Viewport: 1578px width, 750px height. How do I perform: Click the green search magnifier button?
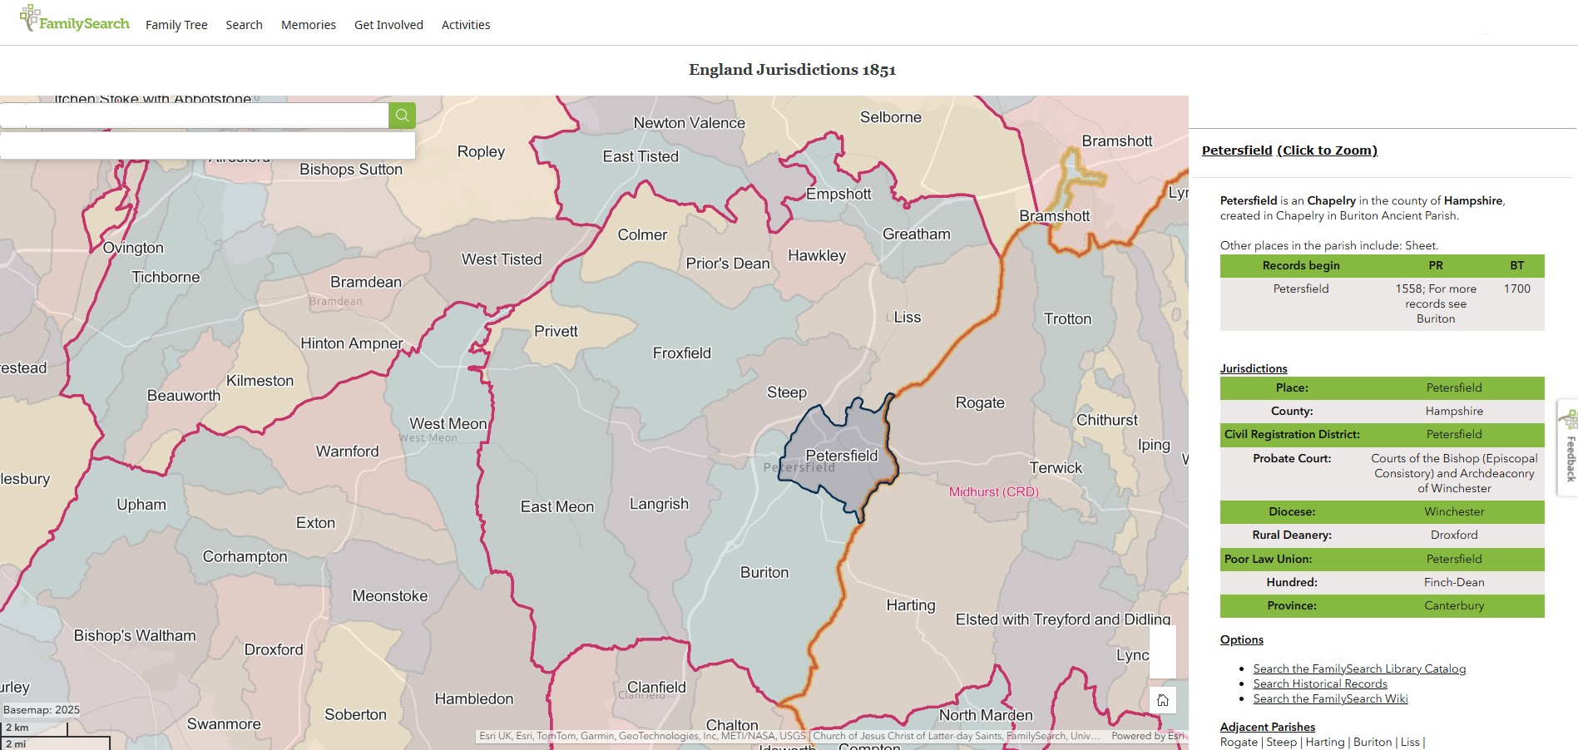pos(402,116)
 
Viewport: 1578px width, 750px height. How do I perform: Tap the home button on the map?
pos(1163,700)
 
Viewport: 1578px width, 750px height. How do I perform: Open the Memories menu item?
pos(308,25)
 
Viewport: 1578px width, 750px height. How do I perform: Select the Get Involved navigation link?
pos(388,25)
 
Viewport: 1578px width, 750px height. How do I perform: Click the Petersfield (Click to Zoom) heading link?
pos(1289,150)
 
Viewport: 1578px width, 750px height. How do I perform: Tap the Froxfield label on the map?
pos(681,353)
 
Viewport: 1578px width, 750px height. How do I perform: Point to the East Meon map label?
pos(557,507)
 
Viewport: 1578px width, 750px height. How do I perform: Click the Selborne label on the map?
pos(890,117)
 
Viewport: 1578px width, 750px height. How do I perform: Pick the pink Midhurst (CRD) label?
pos(993,492)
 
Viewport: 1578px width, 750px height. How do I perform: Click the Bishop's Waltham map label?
pos(135,636)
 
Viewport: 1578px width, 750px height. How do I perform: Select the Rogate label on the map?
pos(980,403)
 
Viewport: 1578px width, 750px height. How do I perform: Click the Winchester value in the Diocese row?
pos(1453,511)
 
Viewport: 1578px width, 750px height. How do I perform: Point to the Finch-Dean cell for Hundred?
pos(1453,582)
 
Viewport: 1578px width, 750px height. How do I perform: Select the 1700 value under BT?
pos(1516,289)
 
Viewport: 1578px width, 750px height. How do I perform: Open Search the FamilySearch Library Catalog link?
pos(1359,669)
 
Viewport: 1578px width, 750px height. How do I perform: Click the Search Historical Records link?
pos(1320,683)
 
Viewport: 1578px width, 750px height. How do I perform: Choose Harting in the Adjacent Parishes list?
pos(1325,742)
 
